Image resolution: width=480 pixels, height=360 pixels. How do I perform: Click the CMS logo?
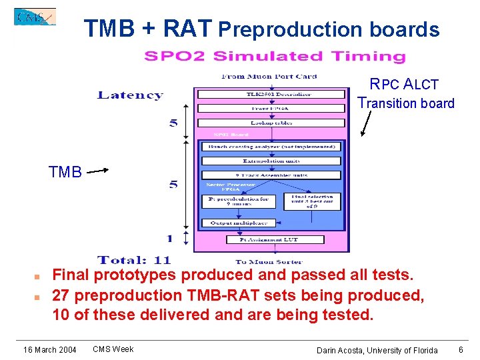[35, 17]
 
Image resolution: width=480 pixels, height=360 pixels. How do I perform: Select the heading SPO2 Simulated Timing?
[275, 57]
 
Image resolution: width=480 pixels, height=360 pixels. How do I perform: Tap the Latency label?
[130, 95]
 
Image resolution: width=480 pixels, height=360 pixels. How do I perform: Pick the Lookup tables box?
[271, 123]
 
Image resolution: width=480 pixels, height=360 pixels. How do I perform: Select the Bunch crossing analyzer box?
[271, 147]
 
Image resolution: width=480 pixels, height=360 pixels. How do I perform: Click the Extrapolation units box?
[271, 161]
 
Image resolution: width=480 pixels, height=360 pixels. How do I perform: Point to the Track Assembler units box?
[271, 175]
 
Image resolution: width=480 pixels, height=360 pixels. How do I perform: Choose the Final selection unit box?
[312, 201]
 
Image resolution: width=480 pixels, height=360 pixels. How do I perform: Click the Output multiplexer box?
[239, 223]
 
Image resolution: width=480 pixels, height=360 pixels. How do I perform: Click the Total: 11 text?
[135, 260]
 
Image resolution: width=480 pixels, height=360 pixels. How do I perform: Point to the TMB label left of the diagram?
[65, 173]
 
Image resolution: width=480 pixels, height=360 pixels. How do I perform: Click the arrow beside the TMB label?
[98, 171]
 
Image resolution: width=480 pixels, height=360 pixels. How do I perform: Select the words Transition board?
[406, 103]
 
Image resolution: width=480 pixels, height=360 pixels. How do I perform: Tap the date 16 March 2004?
[50, 350]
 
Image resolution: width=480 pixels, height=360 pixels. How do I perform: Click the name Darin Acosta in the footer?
[341, 351]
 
